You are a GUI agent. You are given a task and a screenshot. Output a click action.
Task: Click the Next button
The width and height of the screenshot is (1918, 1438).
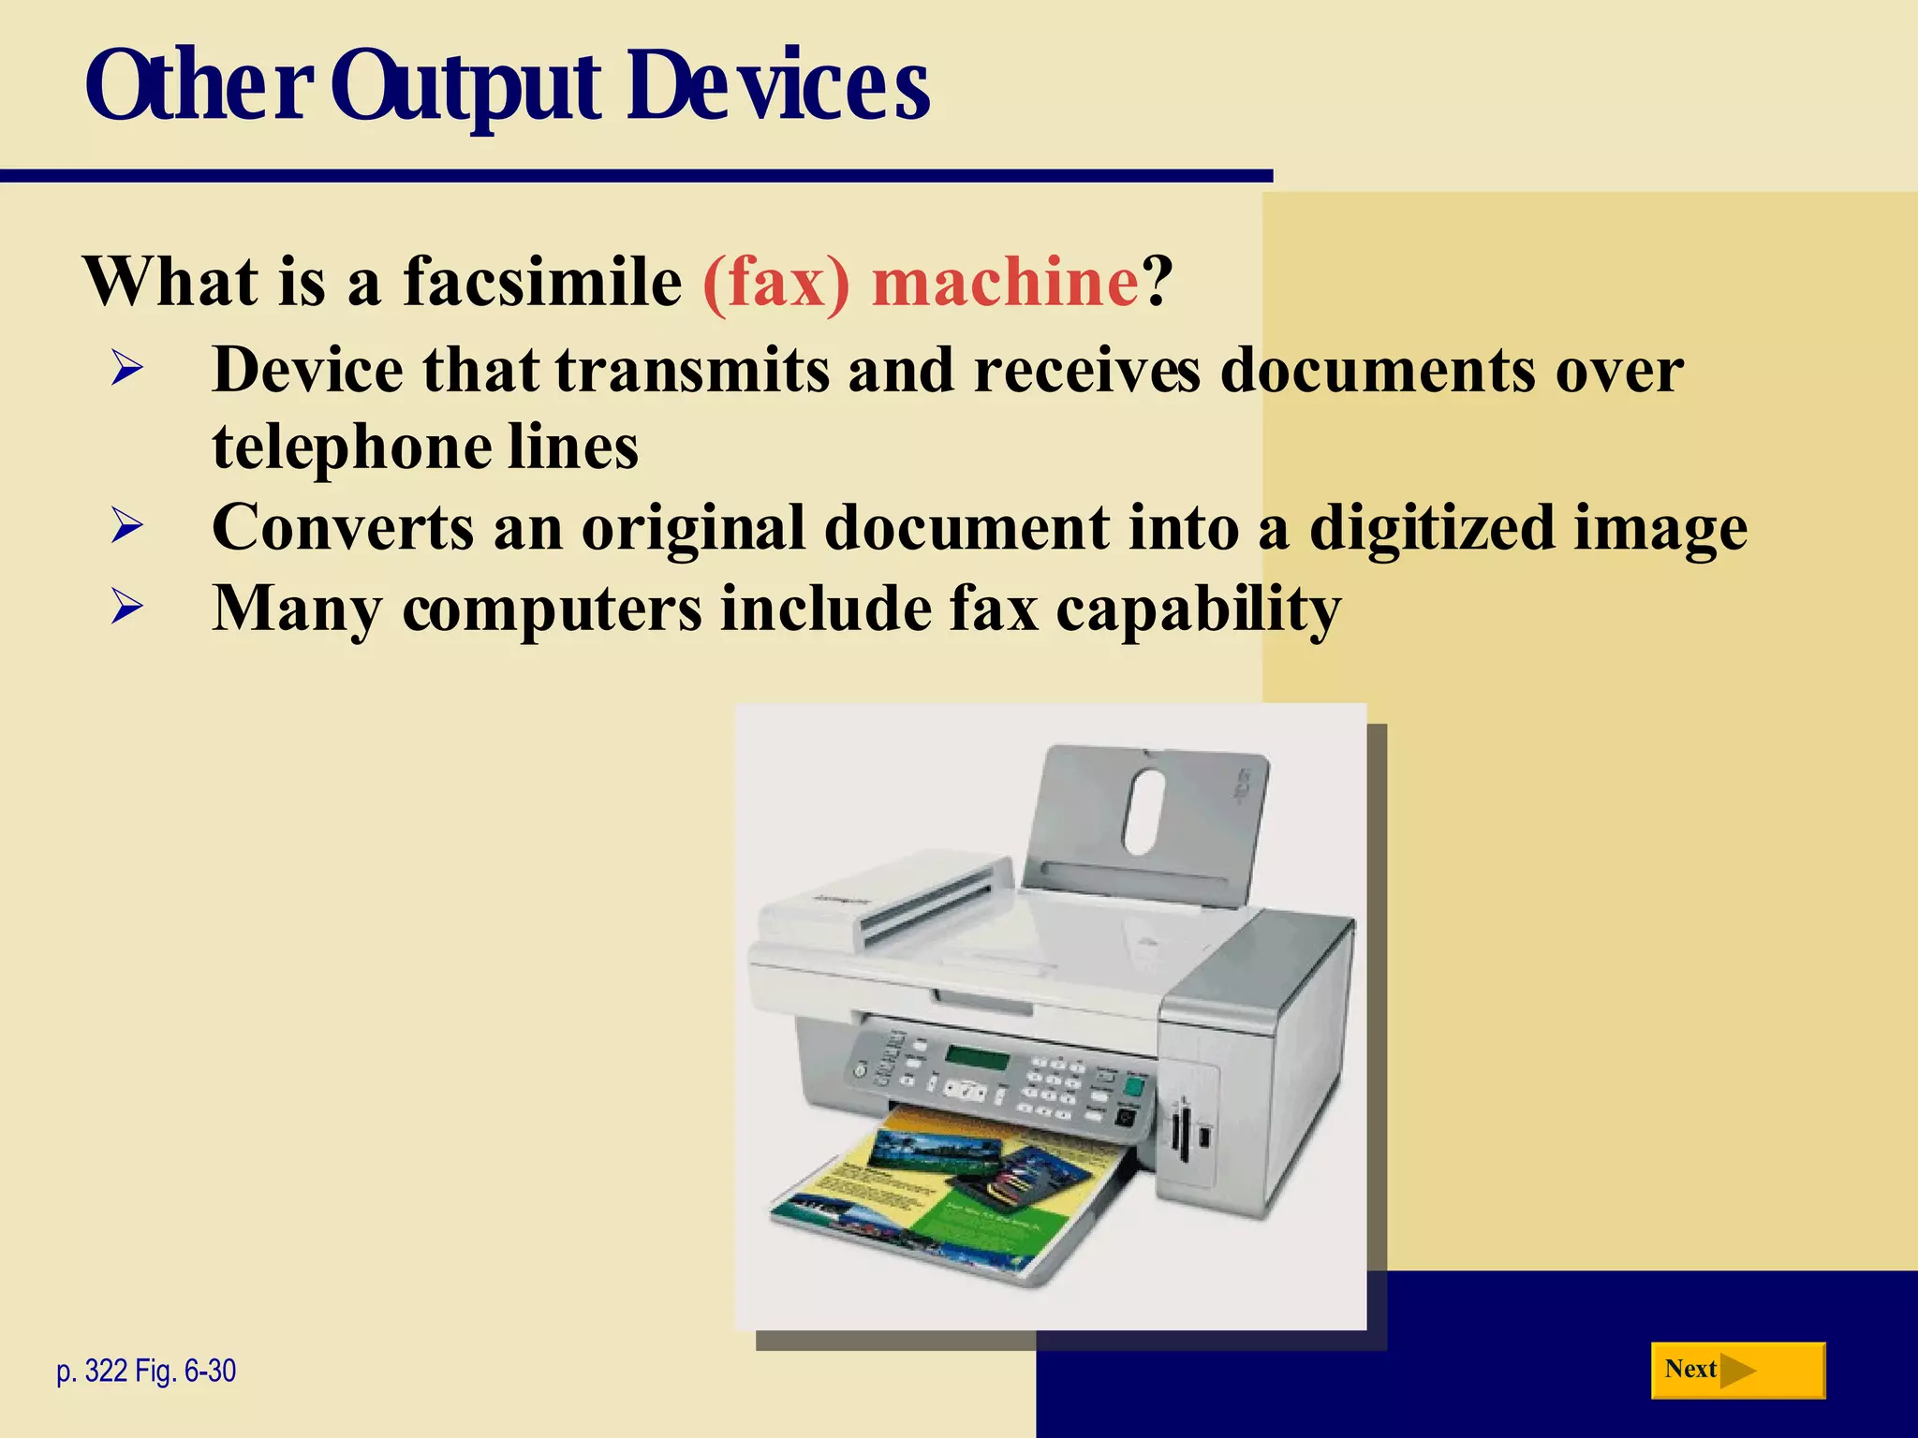(x=1737, y=1371)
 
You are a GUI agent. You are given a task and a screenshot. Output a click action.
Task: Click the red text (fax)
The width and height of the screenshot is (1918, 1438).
(x=776, y=283)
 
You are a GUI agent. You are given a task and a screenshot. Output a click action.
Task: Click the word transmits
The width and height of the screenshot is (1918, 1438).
(x=692, y=370)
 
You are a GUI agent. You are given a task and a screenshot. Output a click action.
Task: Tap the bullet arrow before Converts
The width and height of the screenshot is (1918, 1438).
(x=126, y=525)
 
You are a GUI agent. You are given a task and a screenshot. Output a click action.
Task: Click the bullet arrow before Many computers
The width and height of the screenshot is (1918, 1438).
(x=126, y=608)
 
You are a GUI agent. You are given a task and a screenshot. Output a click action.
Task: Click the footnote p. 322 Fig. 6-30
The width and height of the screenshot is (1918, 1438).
(x=146, y=1372)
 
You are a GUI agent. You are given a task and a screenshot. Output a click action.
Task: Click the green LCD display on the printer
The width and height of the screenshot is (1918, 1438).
(x=977, y=1059)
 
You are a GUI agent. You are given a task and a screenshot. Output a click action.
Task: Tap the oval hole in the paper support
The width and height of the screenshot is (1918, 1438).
(x=1144, y=812)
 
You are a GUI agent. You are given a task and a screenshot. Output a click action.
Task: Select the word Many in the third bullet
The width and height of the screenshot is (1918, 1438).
(x=297, y=609)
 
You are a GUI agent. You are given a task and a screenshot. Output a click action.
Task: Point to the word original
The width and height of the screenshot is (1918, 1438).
(x=694, y=529)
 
